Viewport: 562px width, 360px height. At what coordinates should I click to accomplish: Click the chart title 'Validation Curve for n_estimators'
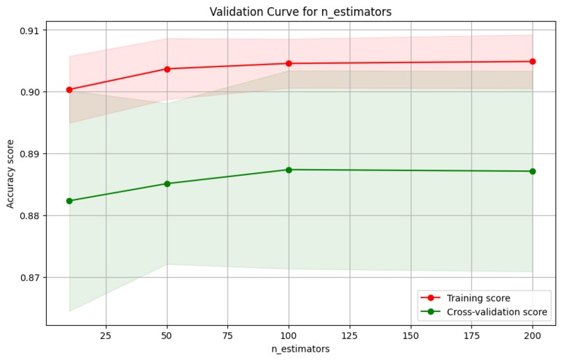pyautogui.click(x=301, y=12)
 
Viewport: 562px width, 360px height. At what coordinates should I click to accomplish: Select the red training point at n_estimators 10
pyautogui.click(x=70, y=89)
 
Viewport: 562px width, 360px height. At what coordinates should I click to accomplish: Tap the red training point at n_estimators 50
pyautogui.click(x=167, y=69)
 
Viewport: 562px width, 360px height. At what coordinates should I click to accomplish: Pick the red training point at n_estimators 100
pyautogui.click(x=289, y=63)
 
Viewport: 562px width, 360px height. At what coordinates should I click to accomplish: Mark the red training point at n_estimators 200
pyautogui.click(x=533, y=61)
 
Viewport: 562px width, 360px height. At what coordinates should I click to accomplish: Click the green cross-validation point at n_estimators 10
pyautogui.click(x=70, y=201)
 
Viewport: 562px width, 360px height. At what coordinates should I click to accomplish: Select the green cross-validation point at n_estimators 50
pyautogui.click(x=167, y=183)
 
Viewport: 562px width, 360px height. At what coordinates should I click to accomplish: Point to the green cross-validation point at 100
pyautogui.click(x=289, y=170)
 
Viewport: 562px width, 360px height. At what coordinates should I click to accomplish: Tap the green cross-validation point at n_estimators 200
pyautogui.click(x=533, y=172)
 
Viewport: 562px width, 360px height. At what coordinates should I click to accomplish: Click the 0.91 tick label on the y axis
pyautogui.click(x=30, y=31)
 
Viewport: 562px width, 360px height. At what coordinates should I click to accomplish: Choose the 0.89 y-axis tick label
pyautogui.click(x=30, y=154)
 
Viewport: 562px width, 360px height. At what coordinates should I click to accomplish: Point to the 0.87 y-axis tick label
pyautogui.click(x=30, y=278)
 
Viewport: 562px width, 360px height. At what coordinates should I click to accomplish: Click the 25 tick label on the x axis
pyautogui.click(x=106, y=336)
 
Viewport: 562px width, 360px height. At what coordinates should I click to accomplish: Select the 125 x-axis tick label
pyautogui.click(x=349, y=336)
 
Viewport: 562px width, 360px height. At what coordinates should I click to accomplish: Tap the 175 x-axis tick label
pyautogui.click(x=471, y=336)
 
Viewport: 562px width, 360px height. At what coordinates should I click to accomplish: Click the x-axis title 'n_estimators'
pyautogui.click(x=301, y=349)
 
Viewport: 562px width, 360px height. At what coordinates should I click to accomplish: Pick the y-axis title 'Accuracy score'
pyautogui.click(x=10, y=174)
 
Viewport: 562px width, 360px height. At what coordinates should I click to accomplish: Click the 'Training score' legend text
pyautogui.click(x=478, y=298)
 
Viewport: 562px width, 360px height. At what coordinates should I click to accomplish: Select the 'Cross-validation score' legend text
pyautogui.click(x=497, y=312)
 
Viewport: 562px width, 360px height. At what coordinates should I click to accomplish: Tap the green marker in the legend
pyautogui.click(x=431, y=312)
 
